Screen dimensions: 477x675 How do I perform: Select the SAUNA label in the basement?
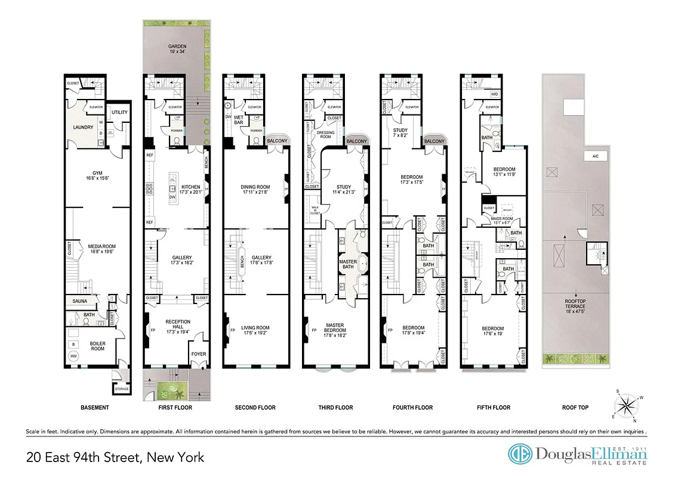point(81,302)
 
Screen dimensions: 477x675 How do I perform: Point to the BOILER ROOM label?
point(97,346)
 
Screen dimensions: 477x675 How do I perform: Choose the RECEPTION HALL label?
point(177,325)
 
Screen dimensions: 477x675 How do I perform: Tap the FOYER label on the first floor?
point(198,354)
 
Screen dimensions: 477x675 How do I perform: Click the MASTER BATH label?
point(347,264)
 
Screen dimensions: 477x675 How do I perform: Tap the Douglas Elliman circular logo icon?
point(519,454)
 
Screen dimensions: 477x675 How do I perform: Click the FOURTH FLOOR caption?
point(412,408)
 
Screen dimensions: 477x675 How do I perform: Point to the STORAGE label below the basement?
point(121,390)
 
